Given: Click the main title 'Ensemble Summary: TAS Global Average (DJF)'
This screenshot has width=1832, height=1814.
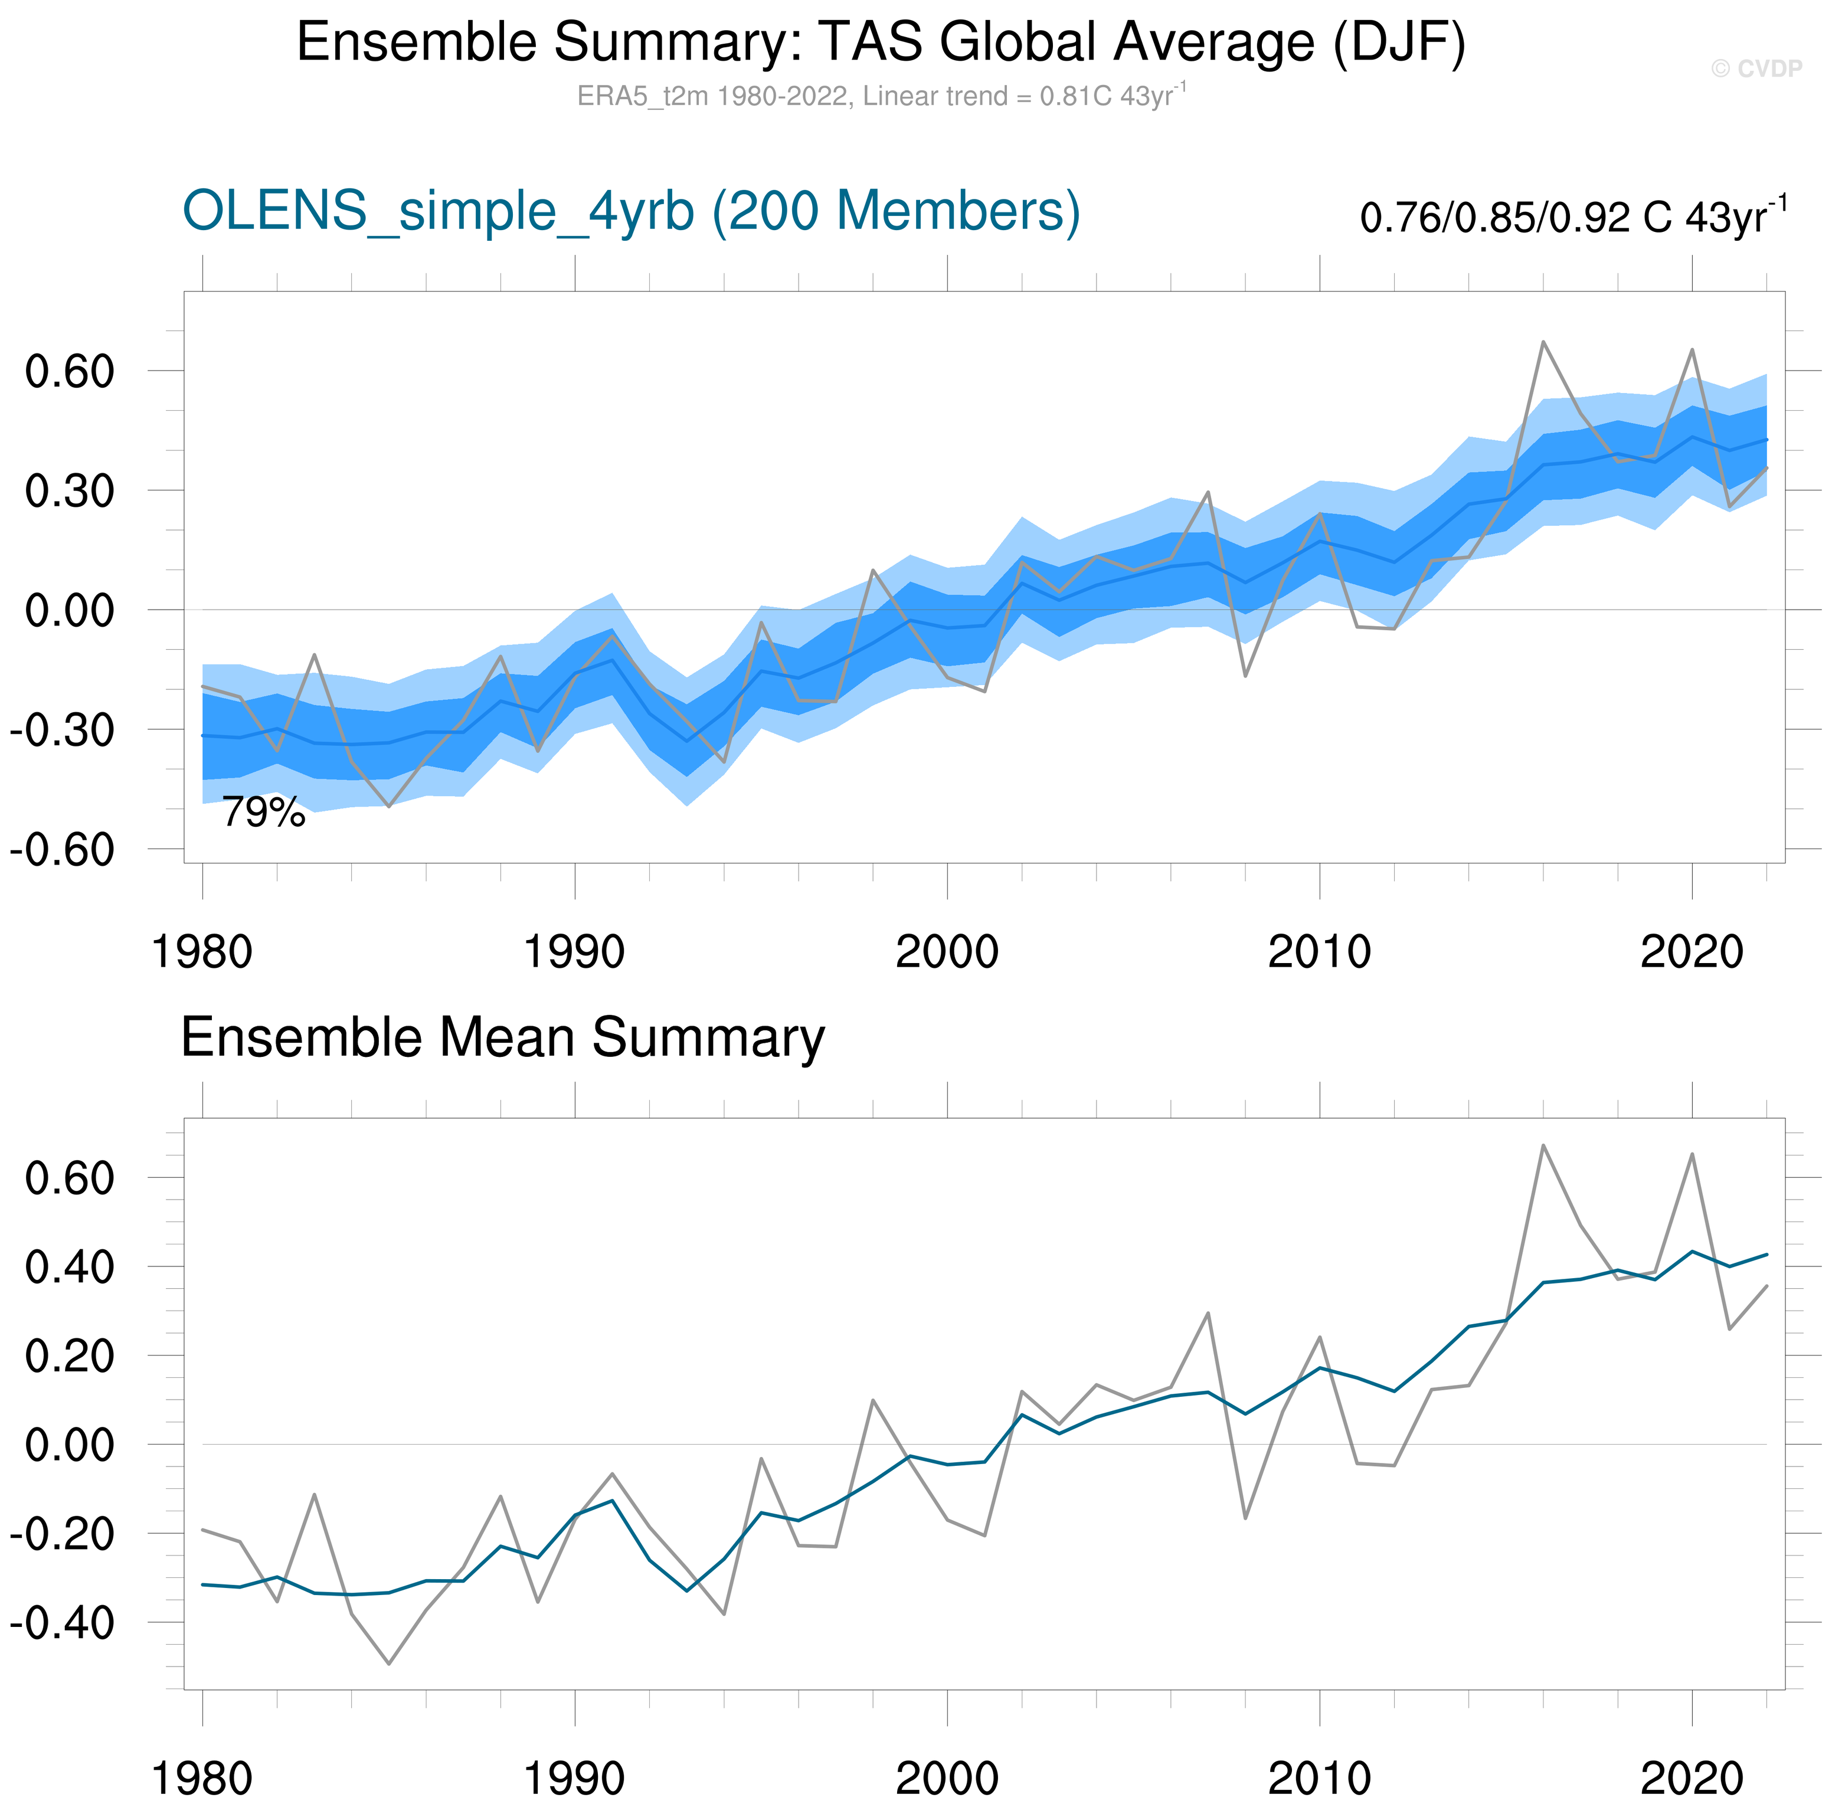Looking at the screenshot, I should coord(881,42).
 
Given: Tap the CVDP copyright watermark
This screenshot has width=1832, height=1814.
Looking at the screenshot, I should coord(1756,68).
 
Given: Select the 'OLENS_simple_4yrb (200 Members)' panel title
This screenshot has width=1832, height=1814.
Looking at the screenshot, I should coord(630,211).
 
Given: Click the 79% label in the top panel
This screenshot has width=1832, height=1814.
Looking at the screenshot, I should coord(264,813).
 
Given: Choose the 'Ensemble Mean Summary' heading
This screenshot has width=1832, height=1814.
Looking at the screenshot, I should coord(503,1037).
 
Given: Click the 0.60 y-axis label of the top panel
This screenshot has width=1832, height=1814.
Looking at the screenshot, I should coord(69,372).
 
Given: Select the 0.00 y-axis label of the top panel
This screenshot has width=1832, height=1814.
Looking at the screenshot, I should coord(69,611).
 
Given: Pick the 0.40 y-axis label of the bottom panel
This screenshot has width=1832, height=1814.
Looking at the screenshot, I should coord(69,1268).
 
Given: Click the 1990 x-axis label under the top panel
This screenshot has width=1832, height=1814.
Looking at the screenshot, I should coord(575,952).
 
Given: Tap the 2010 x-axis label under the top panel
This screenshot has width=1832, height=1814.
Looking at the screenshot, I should coord(1319,952).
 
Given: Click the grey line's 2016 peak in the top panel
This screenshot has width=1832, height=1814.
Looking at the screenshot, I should coord(1543,342).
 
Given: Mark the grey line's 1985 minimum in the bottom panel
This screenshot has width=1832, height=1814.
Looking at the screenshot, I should coord(389,1664).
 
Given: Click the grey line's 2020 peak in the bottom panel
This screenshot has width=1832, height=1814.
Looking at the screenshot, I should coord(1692,1155).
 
